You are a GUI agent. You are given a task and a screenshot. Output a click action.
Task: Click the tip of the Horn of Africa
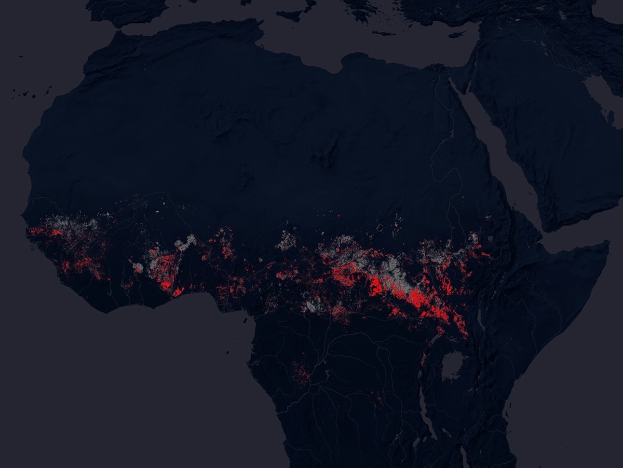click(607, 243)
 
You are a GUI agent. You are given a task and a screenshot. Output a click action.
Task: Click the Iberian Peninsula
click(125, 10)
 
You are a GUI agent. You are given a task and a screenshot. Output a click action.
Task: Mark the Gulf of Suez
click(455, 86)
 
